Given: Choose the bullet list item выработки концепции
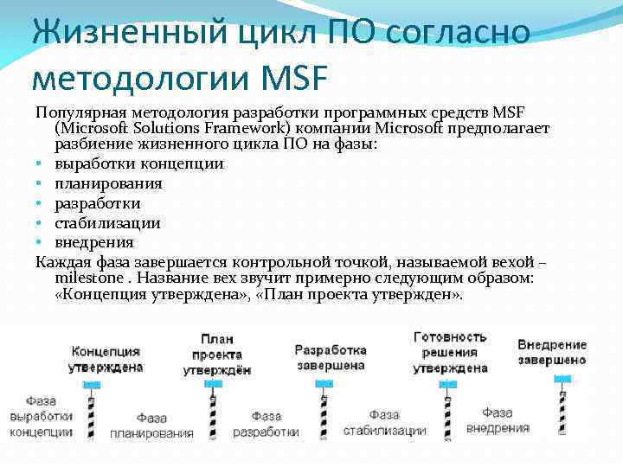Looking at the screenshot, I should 139,163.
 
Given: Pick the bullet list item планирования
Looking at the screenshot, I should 108,183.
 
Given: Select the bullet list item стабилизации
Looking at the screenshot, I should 107,222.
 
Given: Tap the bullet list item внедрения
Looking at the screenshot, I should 94,242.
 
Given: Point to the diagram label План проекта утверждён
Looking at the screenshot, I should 217,355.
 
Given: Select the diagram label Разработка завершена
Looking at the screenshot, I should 330,357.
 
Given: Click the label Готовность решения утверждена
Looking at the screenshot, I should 450,352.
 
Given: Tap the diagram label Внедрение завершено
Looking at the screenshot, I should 552,351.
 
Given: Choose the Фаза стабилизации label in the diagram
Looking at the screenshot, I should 384,423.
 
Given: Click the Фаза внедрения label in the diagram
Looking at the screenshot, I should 498,420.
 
